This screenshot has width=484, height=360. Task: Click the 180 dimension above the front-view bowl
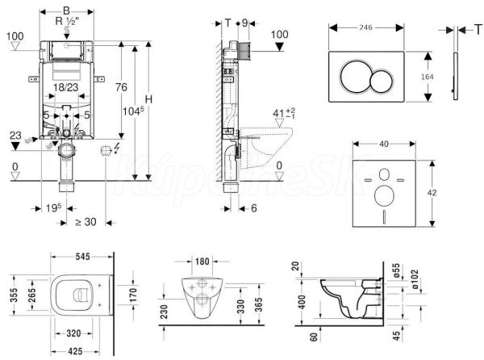[x=202, y=262]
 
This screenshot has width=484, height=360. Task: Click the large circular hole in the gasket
[x=384, y=196]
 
